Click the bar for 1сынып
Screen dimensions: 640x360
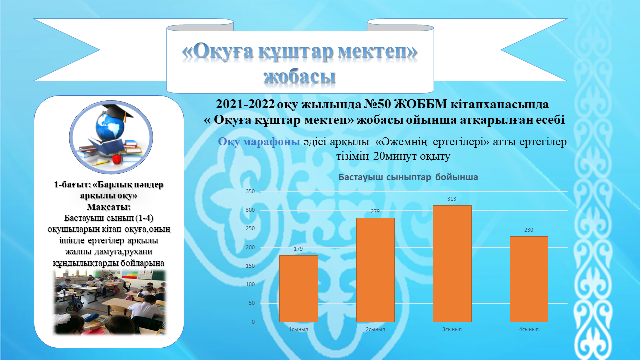pyautogui.click(x=299, y=289)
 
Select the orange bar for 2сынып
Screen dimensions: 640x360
pyautogui.click(x=375, y=270)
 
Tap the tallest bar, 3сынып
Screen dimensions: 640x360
pyautogui.click(x=452, y=264)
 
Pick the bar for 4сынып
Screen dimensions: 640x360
pyautogui.click(x=529, y=279)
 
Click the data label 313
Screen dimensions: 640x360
pyautogui.click(x=452, y=199)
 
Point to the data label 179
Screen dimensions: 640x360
pyautogui.click(x=298, y=249)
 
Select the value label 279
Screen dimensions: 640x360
pyautogui.click(x=375, y=211)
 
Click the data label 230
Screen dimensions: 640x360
pyautogui.click(x=529, y=230)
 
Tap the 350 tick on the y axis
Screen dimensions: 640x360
pyautogui.click(x=250, y=191)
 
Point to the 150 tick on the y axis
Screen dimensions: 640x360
pyautogui.click(x=250, y=266)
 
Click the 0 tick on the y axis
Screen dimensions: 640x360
pyautogui.click(x=253, y=322)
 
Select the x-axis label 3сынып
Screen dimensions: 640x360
pyautogui.click(x=452, y=329)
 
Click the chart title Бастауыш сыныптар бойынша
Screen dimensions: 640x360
pyautogui.click(x=408, y=177)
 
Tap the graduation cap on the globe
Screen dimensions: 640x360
pyautogui.click(x=117, y=112)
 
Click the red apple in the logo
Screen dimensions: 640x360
pyautogui.click(x=117, y=158)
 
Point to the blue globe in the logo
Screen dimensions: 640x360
pyautogui.click(x=110, y=127)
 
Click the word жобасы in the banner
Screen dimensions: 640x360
pyautogui.click(x=299, y=76)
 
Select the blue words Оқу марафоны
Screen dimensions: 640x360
pyautogui.click(x=259, y=142)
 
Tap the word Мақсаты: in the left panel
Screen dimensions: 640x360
pyautogui.click(x=109, y=207)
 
